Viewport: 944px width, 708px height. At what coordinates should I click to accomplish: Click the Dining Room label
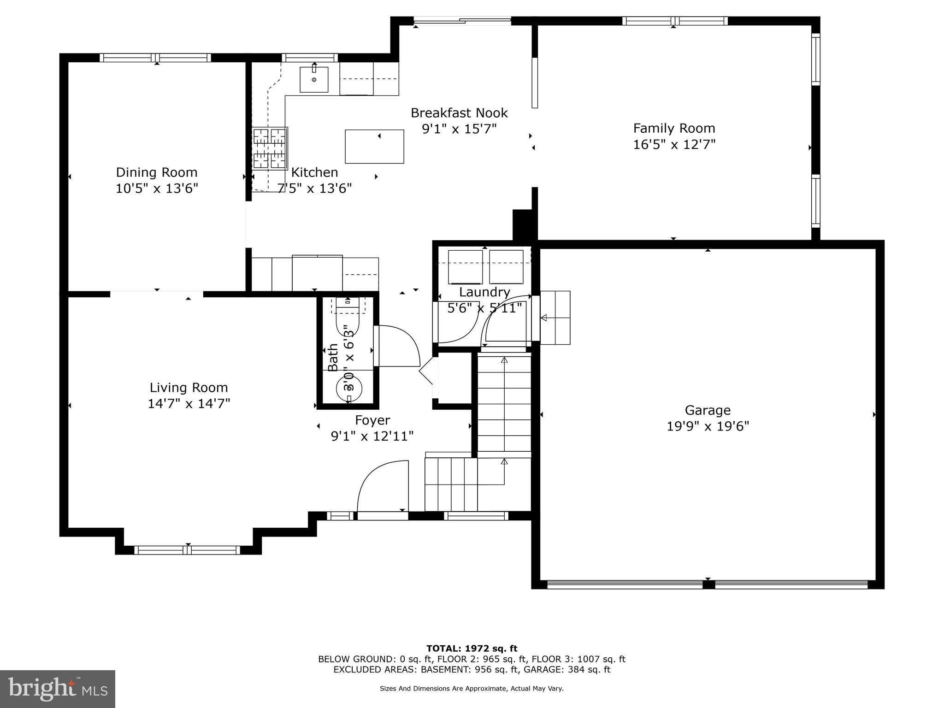click(156, 172)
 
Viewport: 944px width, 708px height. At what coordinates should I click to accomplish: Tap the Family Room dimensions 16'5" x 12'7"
click(674, 145)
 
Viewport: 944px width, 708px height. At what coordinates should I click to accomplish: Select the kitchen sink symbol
click(314, 80)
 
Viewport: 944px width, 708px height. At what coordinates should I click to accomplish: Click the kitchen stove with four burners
click(270, 148)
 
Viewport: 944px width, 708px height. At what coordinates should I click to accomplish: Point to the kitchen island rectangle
click(374, 147)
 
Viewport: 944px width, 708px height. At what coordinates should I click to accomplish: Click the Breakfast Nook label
click(459, 113)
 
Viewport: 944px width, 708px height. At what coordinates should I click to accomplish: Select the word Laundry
click(484, 292)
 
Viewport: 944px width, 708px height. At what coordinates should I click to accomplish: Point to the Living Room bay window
click(188, 550)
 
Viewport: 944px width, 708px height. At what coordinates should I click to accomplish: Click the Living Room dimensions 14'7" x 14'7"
click(189, 404)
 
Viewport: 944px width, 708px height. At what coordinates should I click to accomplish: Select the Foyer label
click(372, 420)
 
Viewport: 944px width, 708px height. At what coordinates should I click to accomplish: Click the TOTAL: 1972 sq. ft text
click(472, 649)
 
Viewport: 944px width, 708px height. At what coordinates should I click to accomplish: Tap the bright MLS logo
click(58, 689)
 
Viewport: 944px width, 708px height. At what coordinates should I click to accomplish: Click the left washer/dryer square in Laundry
click(465, 267)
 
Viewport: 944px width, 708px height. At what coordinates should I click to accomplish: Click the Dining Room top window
click(155, 58)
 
